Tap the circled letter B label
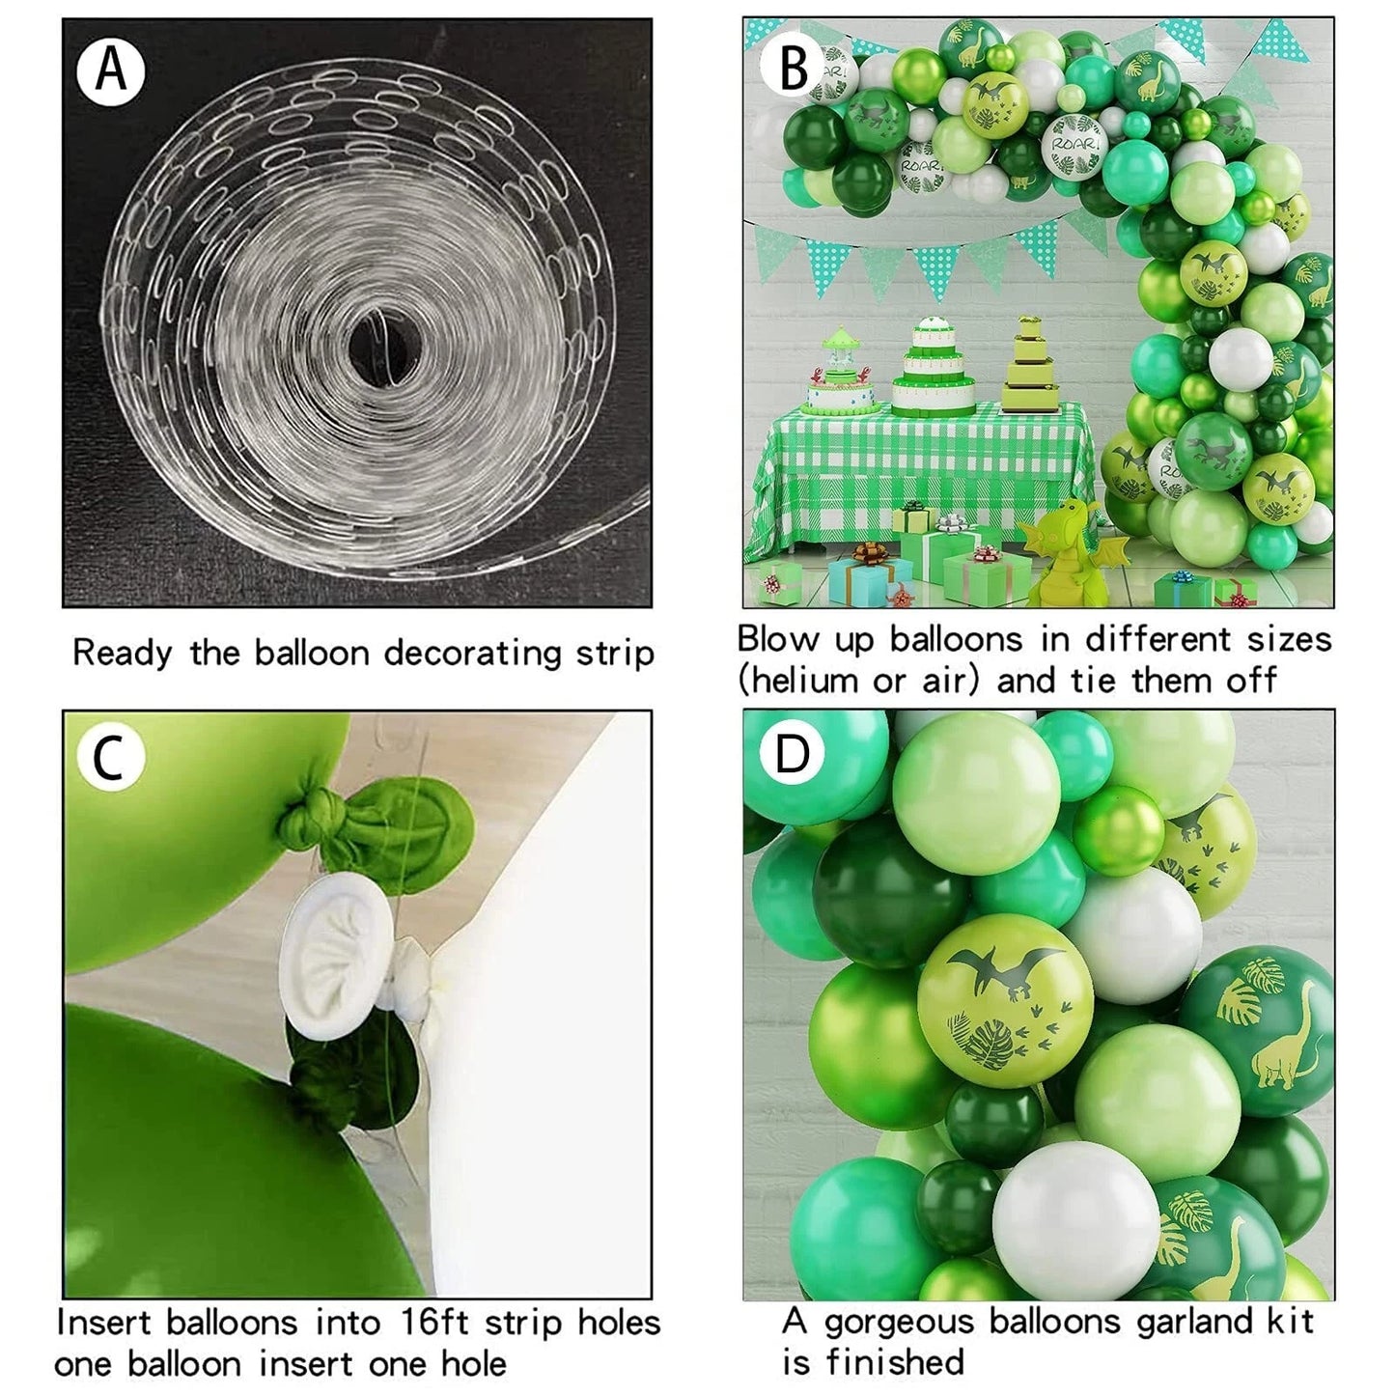click(x=794, y=68)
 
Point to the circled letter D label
click(x=792, y=755)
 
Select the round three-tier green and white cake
click(x=934, y=367)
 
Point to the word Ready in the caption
click(x=123, y=654)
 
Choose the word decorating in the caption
click(x=473, y=654)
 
